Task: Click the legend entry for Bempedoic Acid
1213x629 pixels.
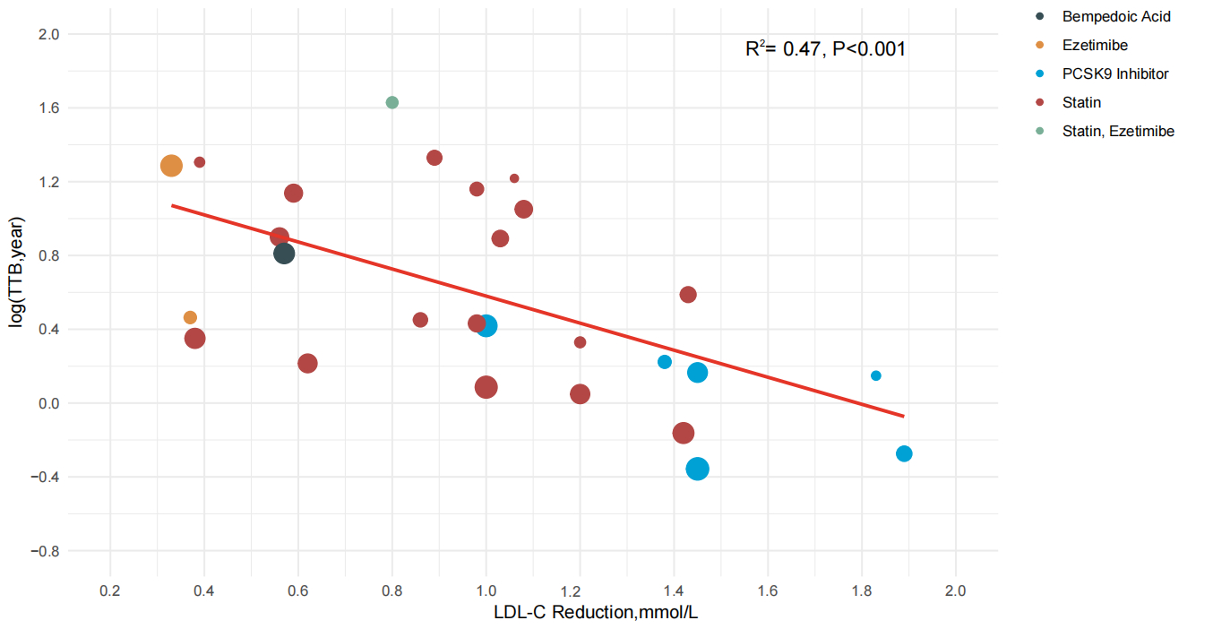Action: [x=1115, y=16]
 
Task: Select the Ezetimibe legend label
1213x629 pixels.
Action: [x=1095, y=45]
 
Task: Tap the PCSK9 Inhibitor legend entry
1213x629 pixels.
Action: [x=1114, y=73]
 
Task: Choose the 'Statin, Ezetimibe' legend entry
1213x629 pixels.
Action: [x=1117, y=131]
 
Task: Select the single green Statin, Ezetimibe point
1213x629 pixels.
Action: [x=391, y=102]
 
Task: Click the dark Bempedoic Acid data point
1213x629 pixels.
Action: [x=284, y=254]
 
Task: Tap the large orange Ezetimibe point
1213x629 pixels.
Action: [x=171, y=165]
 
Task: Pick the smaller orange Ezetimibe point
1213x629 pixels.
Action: [x=190, y=317]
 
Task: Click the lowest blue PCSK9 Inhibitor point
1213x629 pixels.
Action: [x=698, y=469]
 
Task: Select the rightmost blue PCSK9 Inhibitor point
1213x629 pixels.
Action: [x=904, y=453]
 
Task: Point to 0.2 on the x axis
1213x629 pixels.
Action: [x=110, y=590]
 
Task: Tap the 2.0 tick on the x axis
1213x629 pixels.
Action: [x=956, y=590]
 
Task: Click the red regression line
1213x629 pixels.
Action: [x=538, y=310]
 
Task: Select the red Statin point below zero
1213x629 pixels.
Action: [x=684, y=433]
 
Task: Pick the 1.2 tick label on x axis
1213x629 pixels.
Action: [x=580, y=590]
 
